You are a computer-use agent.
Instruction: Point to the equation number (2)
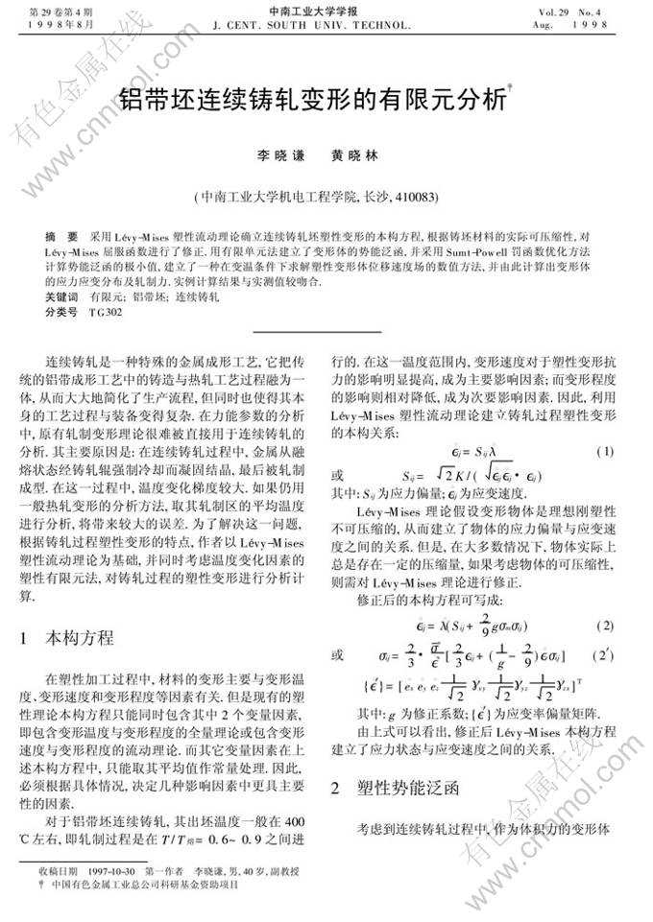(604, 625)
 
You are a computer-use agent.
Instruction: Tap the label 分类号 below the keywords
(61, 312)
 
